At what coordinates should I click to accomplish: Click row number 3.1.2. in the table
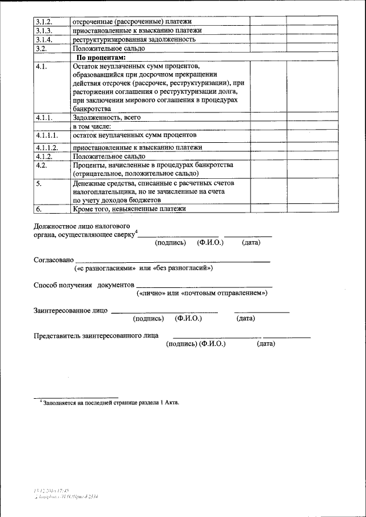pyautogui.click(x=44, y=21)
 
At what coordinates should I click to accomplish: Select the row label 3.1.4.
pyautogui.click(x=44, y=39)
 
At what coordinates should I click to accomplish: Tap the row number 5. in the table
pyautogui.click(x=38, y=183)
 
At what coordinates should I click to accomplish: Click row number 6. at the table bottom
pyautogui.click(x=38, y=209)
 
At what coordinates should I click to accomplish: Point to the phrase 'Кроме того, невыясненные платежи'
pyautogui.click(x=130, y=209)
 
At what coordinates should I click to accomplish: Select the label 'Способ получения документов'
pyautogui.click(x=83, y=284)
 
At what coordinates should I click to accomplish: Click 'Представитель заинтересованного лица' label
pyautogui.click(x=96, y=335)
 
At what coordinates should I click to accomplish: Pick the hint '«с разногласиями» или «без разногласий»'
pyautogui.click(x=144, y=268)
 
